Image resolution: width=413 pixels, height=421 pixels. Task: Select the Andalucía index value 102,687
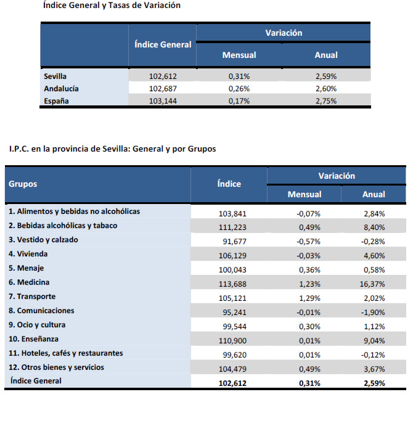pos(163,89)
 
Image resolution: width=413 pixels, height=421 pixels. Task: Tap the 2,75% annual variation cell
pos(326,100)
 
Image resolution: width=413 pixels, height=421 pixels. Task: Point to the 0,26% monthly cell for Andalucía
pos(239,89)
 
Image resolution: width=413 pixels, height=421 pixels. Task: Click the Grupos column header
pos(23,184)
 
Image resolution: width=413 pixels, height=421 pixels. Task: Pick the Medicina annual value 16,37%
pos(374,284)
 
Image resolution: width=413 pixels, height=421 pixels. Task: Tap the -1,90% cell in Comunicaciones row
pos(374,313)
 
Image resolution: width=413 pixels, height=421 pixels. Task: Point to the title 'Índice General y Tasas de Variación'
pos(112,6)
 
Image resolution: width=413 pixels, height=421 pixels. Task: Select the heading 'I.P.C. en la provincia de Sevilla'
pos(112,149)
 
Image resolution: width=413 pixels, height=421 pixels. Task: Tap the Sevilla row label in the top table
pos(55,76)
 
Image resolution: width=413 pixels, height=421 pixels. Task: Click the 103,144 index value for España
pos(163,100)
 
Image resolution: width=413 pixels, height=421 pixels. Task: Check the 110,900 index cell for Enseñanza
pos(232,341)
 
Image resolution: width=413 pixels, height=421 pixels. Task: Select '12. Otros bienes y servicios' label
pos(56,367)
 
